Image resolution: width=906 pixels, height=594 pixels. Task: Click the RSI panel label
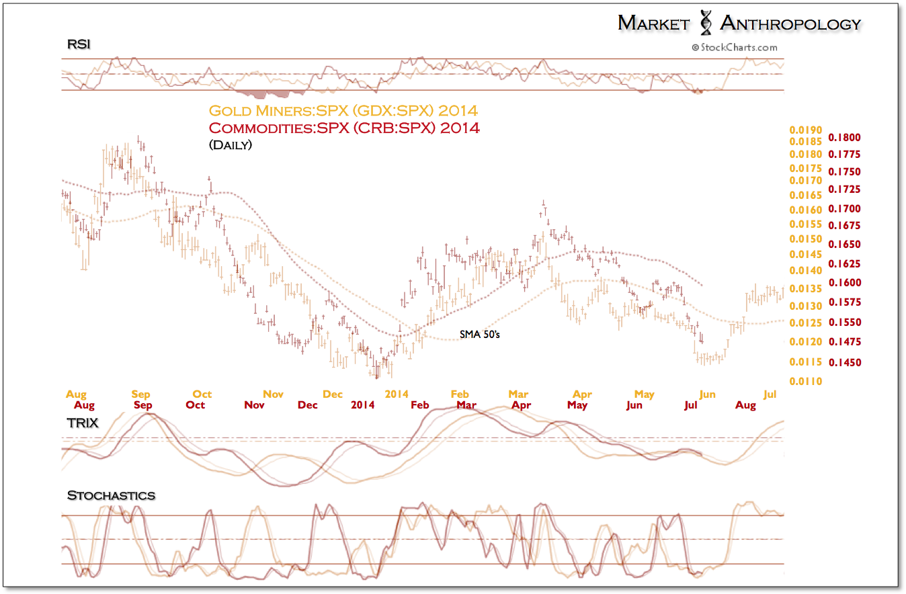click(x=79, y=44)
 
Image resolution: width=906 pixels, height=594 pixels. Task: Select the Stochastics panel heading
click(x=111, y=496)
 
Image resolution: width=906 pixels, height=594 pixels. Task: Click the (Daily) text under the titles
click(x=231, y=144)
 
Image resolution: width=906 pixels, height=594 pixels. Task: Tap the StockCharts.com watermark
click(x=734, y=47)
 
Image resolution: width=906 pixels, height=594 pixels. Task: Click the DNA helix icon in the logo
click(x=706, y=23)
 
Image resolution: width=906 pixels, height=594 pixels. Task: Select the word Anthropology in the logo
click(x=790, y=24)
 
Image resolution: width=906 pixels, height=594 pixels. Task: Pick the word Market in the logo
click(x=653, y=24)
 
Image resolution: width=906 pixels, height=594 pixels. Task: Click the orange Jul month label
click(x=771, y=394)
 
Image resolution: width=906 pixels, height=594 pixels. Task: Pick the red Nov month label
click(x=254, y=405)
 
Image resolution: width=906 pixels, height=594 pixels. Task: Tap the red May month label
click(x=577, y=405)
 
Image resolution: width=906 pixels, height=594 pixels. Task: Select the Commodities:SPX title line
click(x=344, y=128)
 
